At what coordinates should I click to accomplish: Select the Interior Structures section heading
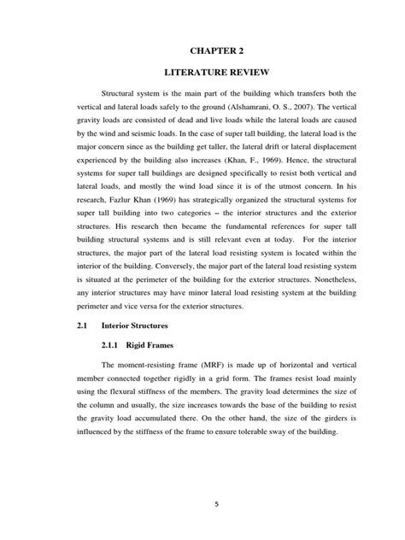tap(162, 326)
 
